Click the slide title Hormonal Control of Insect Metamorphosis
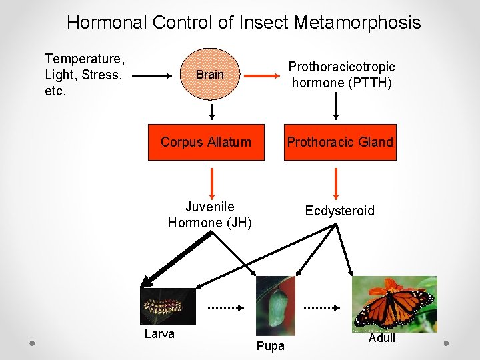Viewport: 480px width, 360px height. [x=243, y=23]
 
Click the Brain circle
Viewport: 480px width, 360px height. [x=209, y=74]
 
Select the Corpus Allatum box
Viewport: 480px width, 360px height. [x=206, y=142]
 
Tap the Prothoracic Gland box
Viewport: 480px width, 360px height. [x=340, y=142]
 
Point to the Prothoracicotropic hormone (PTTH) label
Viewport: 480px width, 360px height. [x=341, y=75]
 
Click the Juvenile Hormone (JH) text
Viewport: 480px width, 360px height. [x=210, y=215]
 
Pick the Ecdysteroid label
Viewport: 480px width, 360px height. [x=339, y=211]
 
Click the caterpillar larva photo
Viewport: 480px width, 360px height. [x=168, y=306]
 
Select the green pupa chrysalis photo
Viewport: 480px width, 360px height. [x=275, y=301]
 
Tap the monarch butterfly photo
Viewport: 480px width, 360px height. [x=395, y=303]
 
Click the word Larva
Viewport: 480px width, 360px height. [x=159, y=334]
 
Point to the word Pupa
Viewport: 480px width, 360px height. [x=270, y=345]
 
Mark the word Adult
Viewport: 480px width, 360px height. [x=382, y=338]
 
